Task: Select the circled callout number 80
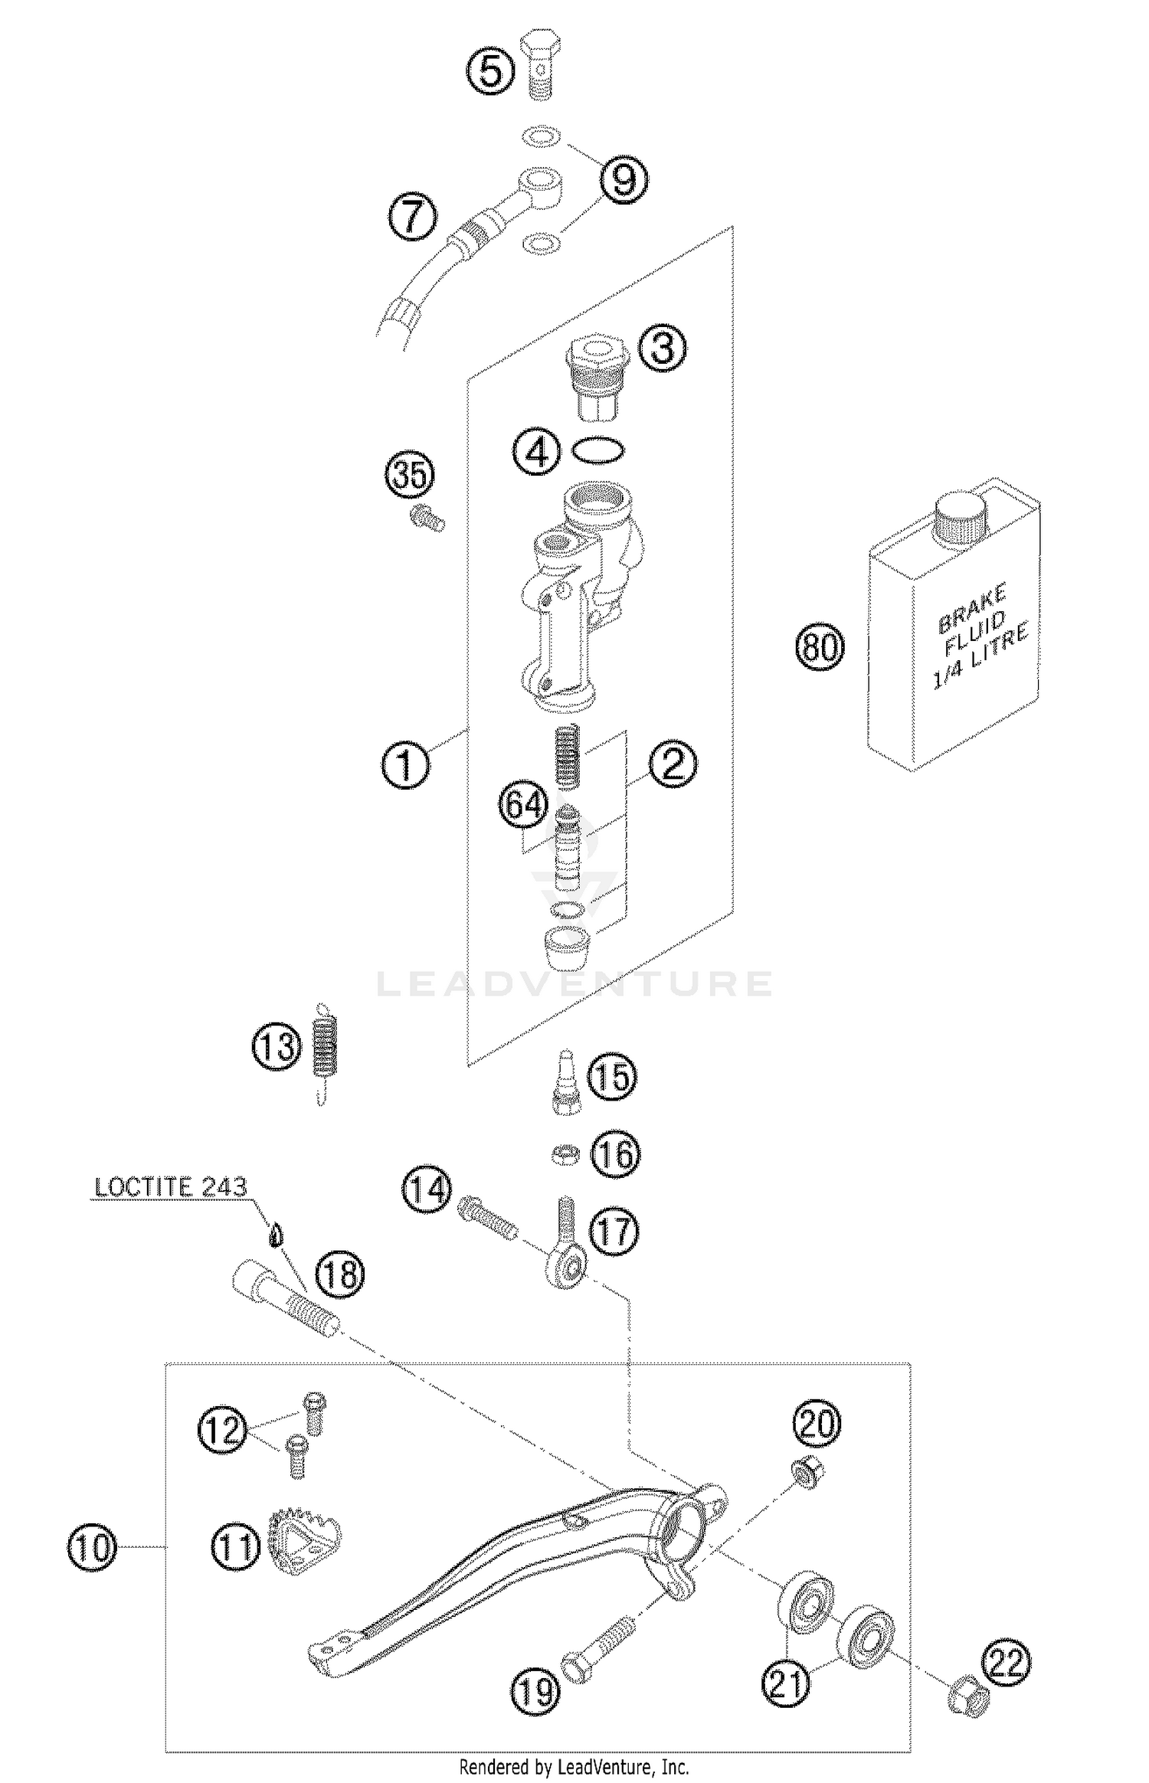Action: tap(819, 647)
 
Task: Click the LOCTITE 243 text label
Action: tap(170, 1188)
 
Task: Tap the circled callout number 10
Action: tap(92, 1546)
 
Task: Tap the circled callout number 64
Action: tap(525, 805)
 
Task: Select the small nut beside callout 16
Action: tap(565, 1154)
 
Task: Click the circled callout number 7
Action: tap(413, 216)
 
